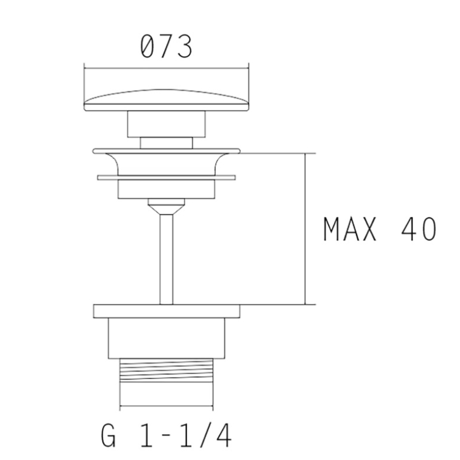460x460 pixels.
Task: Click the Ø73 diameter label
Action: [166, 46]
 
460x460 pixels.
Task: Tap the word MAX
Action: [350, 229]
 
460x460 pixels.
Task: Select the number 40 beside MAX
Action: [419, 229]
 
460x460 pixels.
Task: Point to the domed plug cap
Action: [166, 100]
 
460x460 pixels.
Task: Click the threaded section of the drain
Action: [166, 370]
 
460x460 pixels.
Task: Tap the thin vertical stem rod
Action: [166, 259]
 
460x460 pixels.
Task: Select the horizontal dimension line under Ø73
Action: [166, 68]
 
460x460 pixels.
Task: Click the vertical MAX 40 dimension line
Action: [305, 229]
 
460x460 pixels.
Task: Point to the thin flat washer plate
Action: [166, 178]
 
